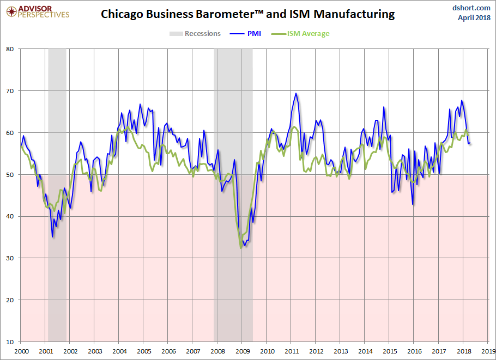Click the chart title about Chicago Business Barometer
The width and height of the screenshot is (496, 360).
point(247,14)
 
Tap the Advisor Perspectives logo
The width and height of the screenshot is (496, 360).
point(38,12)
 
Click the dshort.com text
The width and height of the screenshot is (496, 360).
point(471,8)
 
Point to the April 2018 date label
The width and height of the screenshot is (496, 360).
point(474,17)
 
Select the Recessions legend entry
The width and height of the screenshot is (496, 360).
point(195,34)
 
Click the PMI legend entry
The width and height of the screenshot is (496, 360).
point(245,34)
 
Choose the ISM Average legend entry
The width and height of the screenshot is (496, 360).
point(300,34)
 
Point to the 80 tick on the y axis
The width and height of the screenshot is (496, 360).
point(10,49)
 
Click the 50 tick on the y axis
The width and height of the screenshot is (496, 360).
point(10,174)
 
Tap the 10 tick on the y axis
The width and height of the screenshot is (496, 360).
point(10,341)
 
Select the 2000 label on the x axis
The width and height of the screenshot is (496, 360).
point(21,351)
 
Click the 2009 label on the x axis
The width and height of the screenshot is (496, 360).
point(243,351)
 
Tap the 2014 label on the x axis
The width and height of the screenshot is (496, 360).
point(365,351)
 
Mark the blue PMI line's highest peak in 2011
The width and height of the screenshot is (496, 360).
point(296,93)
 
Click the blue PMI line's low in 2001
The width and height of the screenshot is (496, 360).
point(52,237)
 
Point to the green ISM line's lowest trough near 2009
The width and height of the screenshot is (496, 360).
point(241,248)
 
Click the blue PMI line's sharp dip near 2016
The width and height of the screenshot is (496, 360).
point(413,204)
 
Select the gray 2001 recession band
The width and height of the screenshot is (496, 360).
point(57,195)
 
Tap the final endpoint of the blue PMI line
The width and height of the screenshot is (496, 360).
point(470,143)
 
